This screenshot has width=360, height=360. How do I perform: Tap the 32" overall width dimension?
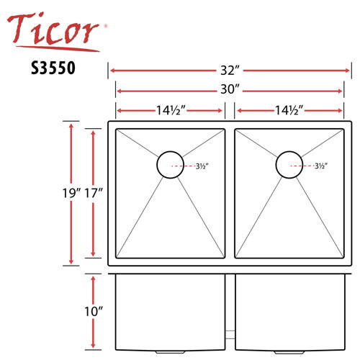pos(230,71)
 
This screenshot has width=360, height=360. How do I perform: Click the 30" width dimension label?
pos(230,91)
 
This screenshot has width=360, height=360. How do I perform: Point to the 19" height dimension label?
pos(71,193)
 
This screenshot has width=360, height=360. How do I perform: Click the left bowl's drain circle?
pos(171,165)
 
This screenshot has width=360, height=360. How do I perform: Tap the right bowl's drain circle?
pos(289,165)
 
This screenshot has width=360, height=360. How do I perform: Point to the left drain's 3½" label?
pos(202,166)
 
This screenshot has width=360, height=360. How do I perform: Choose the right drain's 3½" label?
pos(320,166)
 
